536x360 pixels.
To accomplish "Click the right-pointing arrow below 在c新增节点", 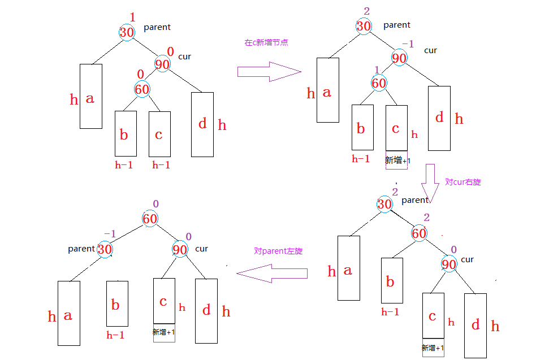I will (269, 72).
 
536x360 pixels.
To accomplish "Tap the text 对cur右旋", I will (463, 182).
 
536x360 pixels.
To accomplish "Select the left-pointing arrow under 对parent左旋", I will (271, 274).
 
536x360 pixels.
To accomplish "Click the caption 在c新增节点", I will (266, 42).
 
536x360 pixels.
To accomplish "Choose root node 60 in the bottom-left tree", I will (150, 219).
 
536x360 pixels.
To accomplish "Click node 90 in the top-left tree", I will (162, 64).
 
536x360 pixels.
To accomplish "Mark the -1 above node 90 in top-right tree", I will (408, 44).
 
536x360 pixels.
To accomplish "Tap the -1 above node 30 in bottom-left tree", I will (109, 234).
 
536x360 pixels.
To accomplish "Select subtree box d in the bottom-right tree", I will (476, 325).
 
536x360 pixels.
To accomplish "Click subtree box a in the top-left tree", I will (90, 96).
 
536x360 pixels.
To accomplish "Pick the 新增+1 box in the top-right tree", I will (397, 161).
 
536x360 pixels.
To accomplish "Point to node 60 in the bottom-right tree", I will (419, 233).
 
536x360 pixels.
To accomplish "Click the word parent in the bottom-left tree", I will (81, 249).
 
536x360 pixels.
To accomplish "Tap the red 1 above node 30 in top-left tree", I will (133, 18).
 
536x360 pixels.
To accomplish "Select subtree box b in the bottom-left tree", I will (117, 303).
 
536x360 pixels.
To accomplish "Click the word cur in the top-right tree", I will (430, 50).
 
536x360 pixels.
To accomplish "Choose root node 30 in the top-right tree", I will (364, 26).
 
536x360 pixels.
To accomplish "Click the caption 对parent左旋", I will (278, 251).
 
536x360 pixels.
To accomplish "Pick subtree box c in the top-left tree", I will (159, 134).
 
